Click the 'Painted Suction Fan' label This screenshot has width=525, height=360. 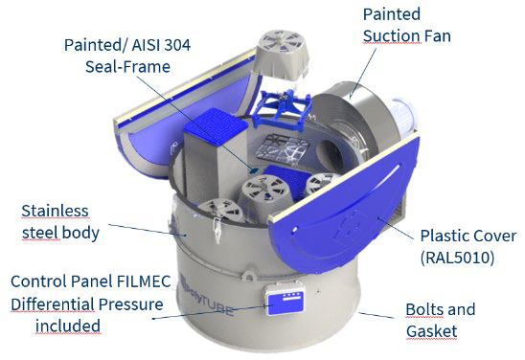coord(407,26)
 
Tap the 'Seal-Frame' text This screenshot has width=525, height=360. coord(127,67)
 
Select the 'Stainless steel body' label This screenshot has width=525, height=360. coord(60,222)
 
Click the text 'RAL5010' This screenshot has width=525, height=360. coord(457,258)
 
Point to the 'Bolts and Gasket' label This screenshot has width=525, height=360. coord(441,321)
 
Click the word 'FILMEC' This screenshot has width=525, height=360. coord(144,281)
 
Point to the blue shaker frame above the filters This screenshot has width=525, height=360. coord(283,104)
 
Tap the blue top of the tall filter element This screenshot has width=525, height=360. coord(216,125)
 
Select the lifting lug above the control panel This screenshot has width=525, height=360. coord(248,277)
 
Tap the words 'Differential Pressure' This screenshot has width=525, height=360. coord(87,304)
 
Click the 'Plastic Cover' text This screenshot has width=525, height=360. coord(468,236)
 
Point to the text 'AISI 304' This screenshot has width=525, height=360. coord(161,45)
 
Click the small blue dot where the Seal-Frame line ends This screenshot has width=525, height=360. coord(254,170)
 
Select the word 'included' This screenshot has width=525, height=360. coord(68,326)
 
